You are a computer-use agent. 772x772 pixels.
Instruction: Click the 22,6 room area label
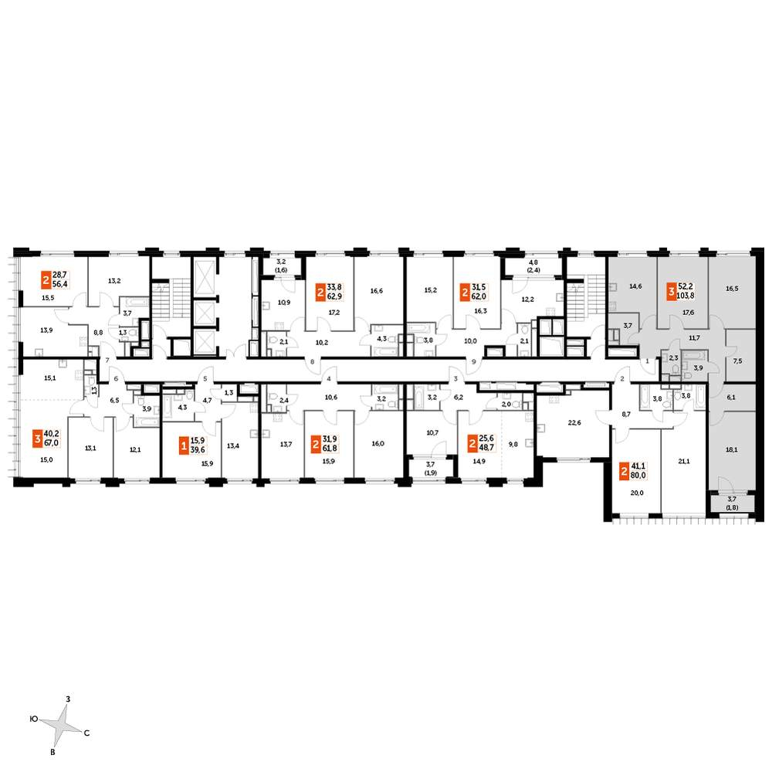[574, 422]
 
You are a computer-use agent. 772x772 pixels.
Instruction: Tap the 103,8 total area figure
[686, 296]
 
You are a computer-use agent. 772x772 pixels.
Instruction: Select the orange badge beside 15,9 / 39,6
[185, 447]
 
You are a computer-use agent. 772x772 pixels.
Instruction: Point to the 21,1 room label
[684, 462]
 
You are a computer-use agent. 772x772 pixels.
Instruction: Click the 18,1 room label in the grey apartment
[732, 449]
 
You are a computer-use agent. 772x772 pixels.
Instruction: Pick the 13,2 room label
[114, 281]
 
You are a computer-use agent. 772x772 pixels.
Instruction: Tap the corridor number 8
[312, 361]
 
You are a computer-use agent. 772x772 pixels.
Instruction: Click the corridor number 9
[474, 361]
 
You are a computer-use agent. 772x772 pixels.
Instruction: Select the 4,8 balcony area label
[533, 262]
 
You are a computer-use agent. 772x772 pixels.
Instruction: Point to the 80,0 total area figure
[638, 476]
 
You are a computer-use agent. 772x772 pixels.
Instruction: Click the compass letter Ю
[34, 719]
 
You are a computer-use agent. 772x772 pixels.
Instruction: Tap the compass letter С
[86, 733]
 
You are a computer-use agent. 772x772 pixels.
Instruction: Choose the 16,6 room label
[377, 291]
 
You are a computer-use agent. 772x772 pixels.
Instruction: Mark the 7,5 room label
[737, 361]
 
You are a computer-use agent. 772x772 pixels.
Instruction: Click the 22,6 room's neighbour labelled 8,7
[626, 415]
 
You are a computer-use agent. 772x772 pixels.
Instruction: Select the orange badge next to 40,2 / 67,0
[37, 438]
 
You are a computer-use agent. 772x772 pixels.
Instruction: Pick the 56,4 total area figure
[59, 285]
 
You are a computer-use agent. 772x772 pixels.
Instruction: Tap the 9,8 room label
[513, 444]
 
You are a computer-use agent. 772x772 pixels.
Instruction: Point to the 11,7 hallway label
[694, 338]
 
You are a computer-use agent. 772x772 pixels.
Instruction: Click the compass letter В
[52, 752]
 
